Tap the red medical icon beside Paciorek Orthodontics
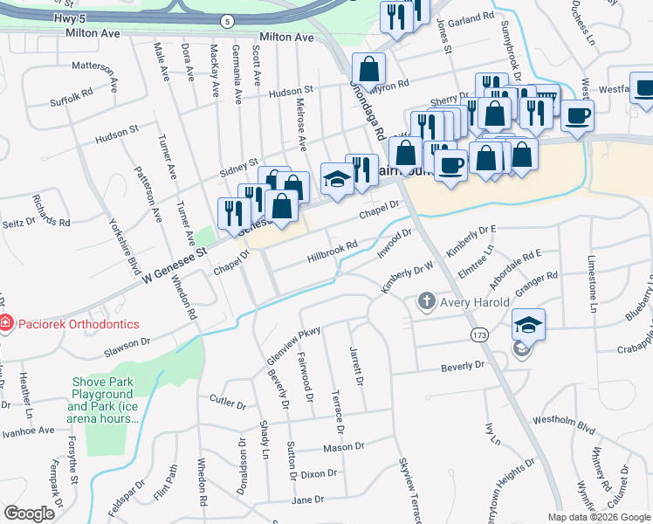6,324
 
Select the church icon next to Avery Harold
426,302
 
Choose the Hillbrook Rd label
333,252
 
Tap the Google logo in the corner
29,513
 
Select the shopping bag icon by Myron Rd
369,68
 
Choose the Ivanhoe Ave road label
28,431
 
